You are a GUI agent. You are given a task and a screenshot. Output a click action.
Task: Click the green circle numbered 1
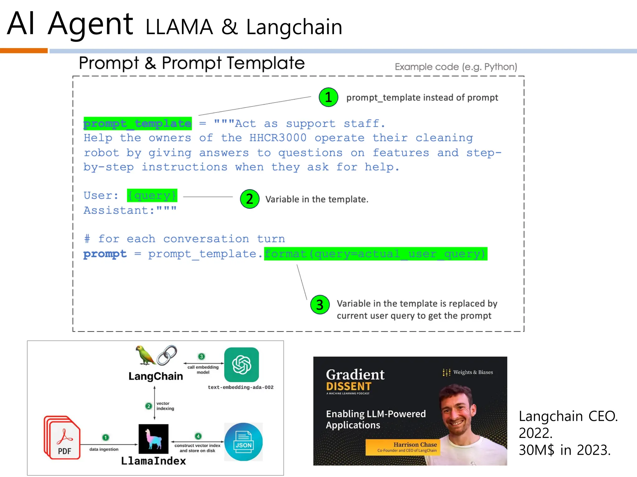tap(328, 97)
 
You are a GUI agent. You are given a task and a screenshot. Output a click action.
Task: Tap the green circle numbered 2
tap(249, 199)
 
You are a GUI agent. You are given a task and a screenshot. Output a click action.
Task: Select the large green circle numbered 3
tap(320, 305)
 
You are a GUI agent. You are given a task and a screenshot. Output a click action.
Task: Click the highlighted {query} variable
tap(152, 195)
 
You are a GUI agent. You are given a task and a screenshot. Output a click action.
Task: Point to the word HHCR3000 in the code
tap(278, 138)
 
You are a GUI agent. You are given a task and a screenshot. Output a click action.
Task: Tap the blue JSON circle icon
tap(243, 442)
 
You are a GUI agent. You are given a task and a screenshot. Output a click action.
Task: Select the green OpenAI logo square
tap(242, 365)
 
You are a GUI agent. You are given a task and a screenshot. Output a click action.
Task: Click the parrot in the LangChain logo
tap(145, 355)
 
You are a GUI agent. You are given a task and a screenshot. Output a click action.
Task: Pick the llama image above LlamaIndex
tap(153, 439)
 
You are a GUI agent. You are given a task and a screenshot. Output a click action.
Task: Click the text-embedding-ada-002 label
tap(240, 387)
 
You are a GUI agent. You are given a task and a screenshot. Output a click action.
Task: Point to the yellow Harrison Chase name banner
tap(403, 447)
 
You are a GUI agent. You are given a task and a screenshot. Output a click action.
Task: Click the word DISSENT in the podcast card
tap(349, 386)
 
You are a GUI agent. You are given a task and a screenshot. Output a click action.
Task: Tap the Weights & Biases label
tap(473, 372)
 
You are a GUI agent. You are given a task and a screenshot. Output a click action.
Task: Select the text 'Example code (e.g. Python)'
tap(456, 67)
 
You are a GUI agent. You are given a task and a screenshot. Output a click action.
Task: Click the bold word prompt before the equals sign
tap(105, 254)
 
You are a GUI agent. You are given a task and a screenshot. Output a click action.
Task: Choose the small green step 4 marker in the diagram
tap(198, 436)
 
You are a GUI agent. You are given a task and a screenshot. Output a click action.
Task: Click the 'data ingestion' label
tap(104, 449)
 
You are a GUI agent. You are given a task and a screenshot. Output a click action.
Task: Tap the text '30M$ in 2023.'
tap(565, 450)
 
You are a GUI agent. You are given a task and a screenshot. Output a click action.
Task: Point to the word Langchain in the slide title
tap(294, 27)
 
